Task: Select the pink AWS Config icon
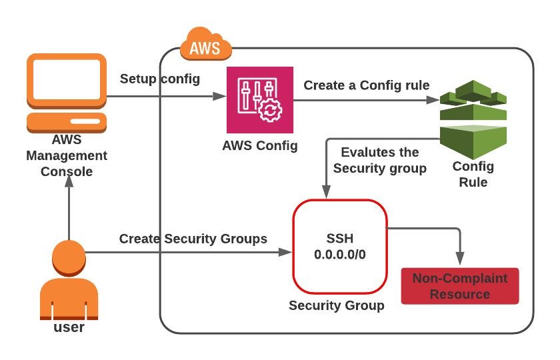click(x=259, y=100)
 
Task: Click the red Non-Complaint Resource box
click(x=459, y=286)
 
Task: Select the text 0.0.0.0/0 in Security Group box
click(x=340, y=254)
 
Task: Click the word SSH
click(x=340, y=239)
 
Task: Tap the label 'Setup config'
click(x=159, y=79)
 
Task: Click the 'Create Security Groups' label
click(x=193, y=239)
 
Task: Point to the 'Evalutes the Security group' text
click(x=379, y=161)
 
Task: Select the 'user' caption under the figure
click(x=69, y=327)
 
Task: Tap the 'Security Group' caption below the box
click(x=336, y=305)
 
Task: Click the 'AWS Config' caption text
click(x=259, y=146)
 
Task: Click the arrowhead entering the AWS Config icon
click(x=221, y=97)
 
